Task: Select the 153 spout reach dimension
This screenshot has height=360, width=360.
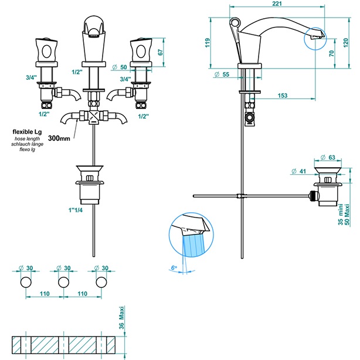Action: [x=283, y=96]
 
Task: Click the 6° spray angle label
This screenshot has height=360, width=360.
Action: [x=173, y=268]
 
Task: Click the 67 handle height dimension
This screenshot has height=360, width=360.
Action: [x=161, y=51]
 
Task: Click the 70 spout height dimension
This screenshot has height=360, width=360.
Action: [x=332, y=53]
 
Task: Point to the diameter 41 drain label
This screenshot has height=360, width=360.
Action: [x=303, y=172]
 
